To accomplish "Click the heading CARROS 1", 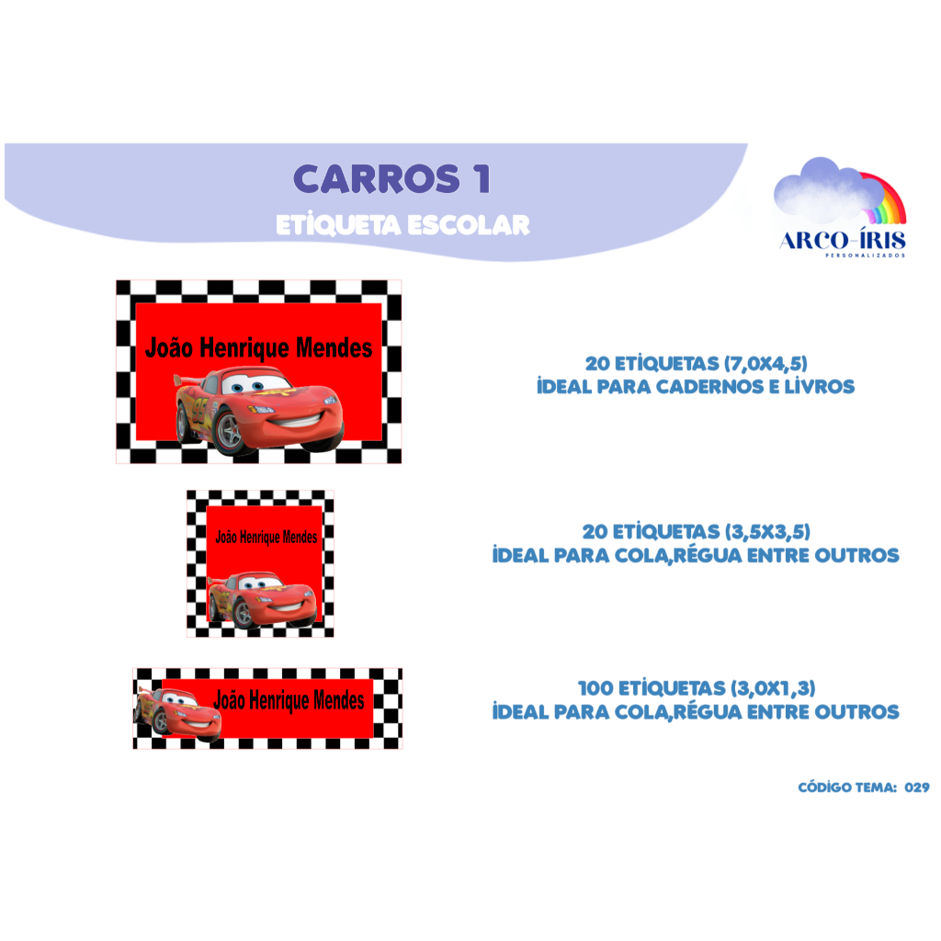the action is pos(391,179).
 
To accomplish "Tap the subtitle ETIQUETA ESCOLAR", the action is pos(402,225).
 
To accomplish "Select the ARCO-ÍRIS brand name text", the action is pos(843,240).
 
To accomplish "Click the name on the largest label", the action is pos(258,348).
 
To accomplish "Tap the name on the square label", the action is pos(266,537).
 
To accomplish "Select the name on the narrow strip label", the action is pos(289,700).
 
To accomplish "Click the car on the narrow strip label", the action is pos(177,713).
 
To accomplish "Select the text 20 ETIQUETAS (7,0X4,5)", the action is pos(697,364).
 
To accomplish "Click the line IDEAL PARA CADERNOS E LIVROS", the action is pos(696,387).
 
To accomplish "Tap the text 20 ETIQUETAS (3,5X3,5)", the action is pos(697,532).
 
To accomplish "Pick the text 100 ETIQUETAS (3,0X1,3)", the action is pos(697,688).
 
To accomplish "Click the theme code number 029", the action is pos(917,788).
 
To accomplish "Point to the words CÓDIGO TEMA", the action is pos(847,788).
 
